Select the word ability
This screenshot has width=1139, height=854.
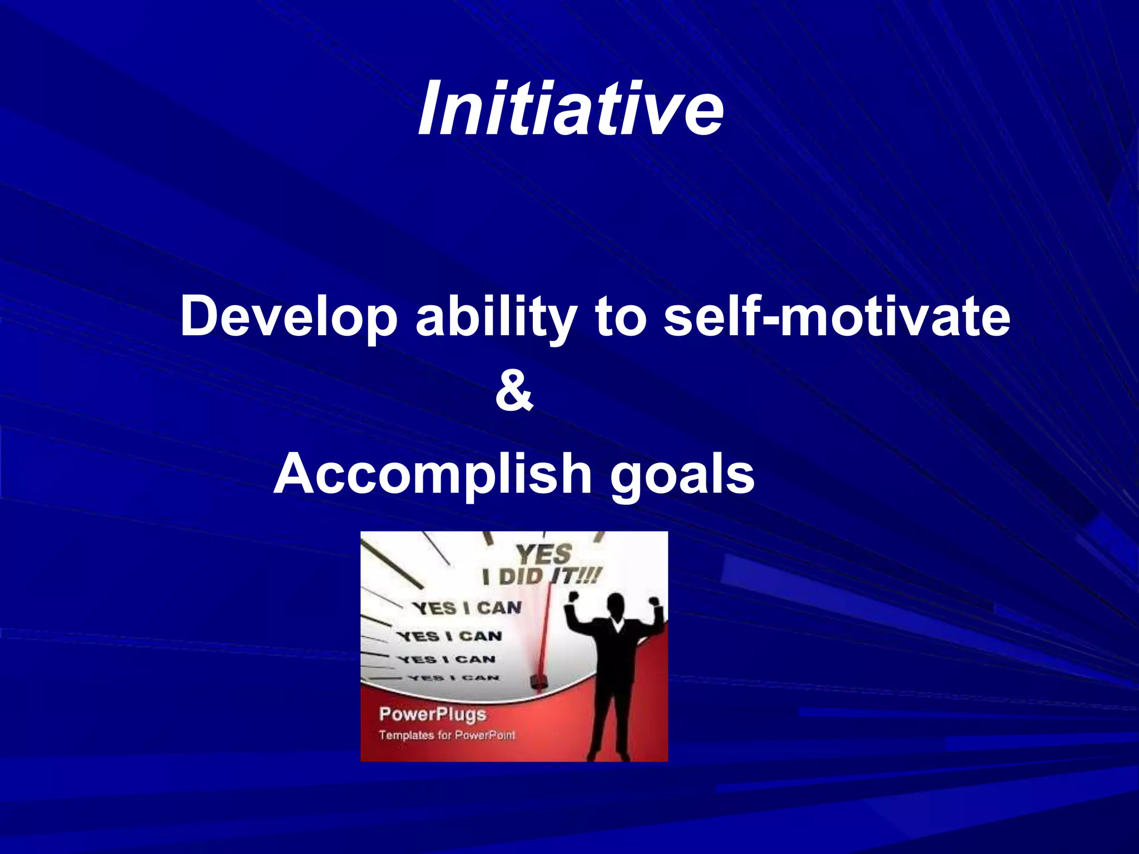pyautogui.click(x=496, y=316)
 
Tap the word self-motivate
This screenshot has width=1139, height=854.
pyautogui.click(x=837, y=316)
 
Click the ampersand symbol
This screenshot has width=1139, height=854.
pyautogui.click(x=514, y=393)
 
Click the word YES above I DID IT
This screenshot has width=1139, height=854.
pyautogui.click(x=543, y=554)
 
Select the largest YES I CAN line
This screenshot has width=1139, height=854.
pyautogui.click(x=467, y=608)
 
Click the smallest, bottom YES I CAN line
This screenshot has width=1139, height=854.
pyautogui.click(x=454, y=678)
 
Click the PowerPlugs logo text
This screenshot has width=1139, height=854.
pyautogui.click(x=432, y=714)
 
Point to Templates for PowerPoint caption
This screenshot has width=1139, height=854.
pyautogui.click(x=447, y=735)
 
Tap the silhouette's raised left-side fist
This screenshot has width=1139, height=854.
pyautogui.click(x=573, y=597)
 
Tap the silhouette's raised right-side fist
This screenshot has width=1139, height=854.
pyautogui.click(x=655, y=602)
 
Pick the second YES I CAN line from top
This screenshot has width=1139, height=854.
pyautogui.click(x=449, y=636)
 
